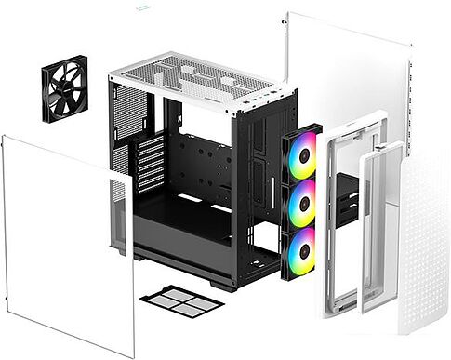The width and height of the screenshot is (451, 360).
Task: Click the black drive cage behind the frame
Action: [346, 200]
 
